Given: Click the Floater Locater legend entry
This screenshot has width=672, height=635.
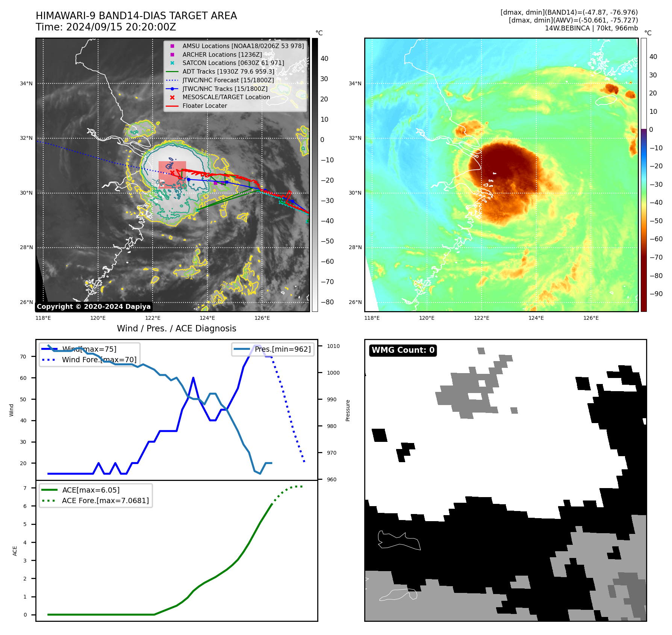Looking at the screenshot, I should point(204,106).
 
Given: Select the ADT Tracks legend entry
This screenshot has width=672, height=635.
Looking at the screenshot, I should point(228,72).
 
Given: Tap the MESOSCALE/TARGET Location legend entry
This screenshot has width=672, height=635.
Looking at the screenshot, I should point(226,97).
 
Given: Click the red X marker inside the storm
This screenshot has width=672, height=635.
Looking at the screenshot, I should point(172,172).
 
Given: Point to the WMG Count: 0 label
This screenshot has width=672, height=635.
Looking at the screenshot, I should point(403,350).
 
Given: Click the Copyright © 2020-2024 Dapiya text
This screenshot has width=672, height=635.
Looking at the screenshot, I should point(94,307).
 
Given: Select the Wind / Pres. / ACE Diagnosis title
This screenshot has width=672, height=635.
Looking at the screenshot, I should point(177,328).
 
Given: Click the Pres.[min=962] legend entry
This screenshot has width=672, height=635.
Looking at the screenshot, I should point(283,349).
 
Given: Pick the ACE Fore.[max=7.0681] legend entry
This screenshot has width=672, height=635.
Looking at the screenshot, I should point(105,500).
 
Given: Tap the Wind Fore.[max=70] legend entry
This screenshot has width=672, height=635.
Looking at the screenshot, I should point(99,360).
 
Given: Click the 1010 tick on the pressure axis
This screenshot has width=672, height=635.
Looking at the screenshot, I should point(333,346).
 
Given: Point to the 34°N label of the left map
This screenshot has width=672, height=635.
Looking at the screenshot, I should point(26,83).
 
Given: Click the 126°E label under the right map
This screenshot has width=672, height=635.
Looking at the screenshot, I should point(591,318).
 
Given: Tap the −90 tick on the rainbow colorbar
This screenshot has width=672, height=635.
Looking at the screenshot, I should point(656,294).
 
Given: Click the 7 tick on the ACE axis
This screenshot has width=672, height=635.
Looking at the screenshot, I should point(25,488).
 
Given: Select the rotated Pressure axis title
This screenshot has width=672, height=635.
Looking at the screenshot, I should point(348,410).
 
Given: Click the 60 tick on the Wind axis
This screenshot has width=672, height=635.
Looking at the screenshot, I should point(23,378).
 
